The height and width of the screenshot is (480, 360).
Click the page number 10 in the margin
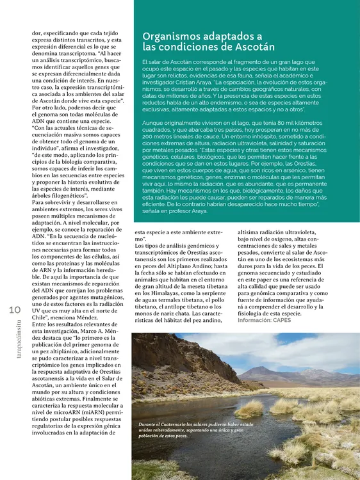click(x=16, y=310)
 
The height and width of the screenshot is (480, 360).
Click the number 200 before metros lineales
click(x=149, y=137)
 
